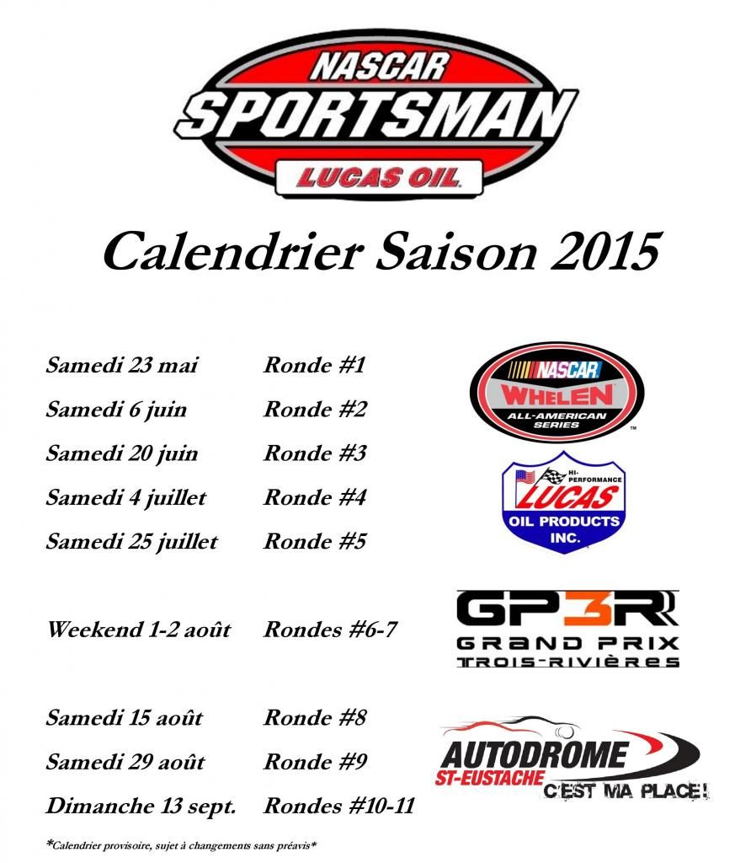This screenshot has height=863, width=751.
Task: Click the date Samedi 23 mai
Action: pyautogui.click(x=121, y=366)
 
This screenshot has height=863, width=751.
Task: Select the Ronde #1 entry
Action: pyautogui.click(x=315, y=365)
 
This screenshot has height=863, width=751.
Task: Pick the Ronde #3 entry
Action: pyautogui.click(x=315, y=453)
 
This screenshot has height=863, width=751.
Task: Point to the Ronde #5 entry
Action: pyautogui.click(x=315, y=541)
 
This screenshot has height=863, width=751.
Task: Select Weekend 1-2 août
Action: pyautogui.click(x=139, y=630)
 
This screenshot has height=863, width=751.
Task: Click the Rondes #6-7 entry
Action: pyautogui.click(x=330, y=630)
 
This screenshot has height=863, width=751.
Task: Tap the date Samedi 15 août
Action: pyautogui.click(x=125, y=718)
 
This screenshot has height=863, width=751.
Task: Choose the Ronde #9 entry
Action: pyautogui.click(x=315, y=762)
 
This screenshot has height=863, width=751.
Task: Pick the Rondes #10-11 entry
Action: pyautogui.click(x=339, y=806)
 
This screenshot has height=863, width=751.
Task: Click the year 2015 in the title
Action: pyautogui.click(x=605, y=251)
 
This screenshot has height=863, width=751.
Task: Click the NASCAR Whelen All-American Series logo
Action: pyautogui.click(x=557, y=392)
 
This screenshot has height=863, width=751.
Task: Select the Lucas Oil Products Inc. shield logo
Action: pyautogui.click(x=564, y=501)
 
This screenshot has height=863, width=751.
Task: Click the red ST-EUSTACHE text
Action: pyautogui.click(x=489, y=778)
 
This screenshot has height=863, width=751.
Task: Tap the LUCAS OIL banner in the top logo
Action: pyautogui.click(x=379, y=178)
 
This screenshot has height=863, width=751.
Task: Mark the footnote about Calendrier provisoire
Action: pyautogui.click(x=181, y=844)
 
